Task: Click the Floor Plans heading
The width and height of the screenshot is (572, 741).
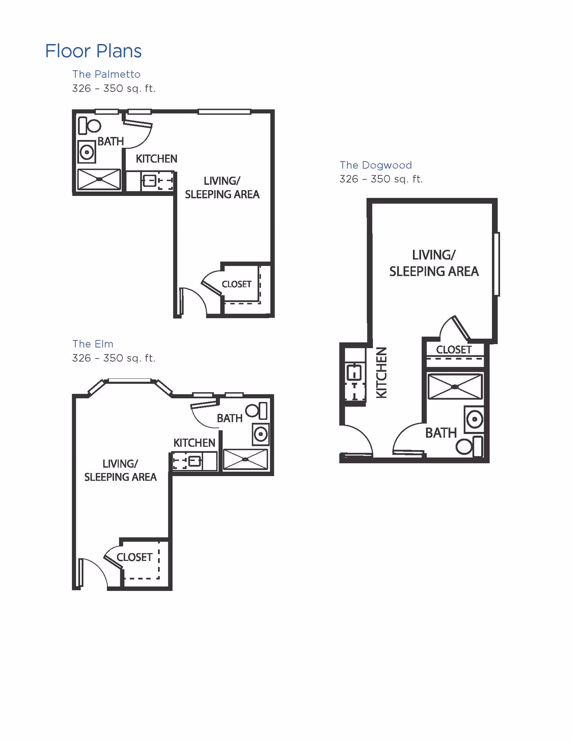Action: click(x=93, y=51)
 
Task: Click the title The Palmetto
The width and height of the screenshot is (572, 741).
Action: click(x=107, y=74)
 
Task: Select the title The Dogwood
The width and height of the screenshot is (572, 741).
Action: click(x=376, y=165)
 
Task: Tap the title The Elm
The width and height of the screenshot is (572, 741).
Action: click(x=93, y=344)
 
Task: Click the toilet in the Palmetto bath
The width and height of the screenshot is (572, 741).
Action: click(x=90, y=126)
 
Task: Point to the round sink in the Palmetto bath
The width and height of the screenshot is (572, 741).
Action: click(x=87, y=152)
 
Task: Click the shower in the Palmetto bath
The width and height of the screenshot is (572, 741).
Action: click(x=99, y=179)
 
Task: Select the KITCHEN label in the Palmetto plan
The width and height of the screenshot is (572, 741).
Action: click(x=156, y=159)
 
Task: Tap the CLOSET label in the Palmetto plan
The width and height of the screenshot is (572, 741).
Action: click(x=236, y=284)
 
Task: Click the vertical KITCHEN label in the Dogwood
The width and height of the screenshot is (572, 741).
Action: click(x=382, y=372)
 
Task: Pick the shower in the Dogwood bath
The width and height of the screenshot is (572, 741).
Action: click(x=455, y=387)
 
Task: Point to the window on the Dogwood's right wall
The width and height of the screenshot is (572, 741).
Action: click(x=497, y=264)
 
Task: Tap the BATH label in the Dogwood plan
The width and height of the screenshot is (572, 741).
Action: click(x=441, y=433)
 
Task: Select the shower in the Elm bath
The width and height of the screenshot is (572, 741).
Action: click(x=245, y=459)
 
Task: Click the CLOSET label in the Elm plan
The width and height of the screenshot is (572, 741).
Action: click(x=134, y=557)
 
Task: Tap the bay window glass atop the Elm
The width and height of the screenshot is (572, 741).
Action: click(x=129, y=381)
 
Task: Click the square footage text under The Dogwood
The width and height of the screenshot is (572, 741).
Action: click(x=381, y=179)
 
